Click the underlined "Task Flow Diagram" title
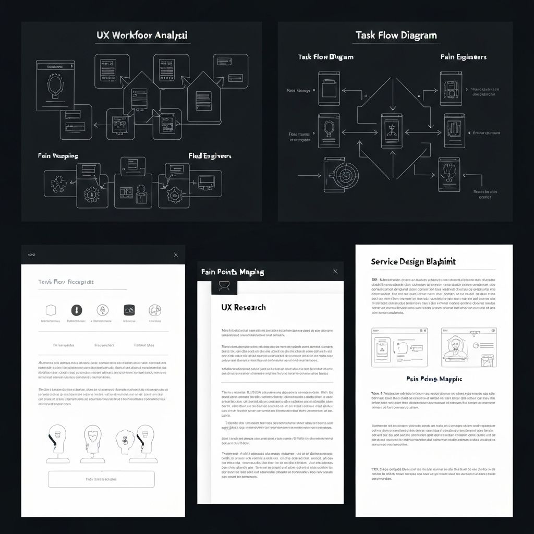point(396,35)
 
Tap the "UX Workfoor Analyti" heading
point(142,35)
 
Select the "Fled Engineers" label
point(210,156)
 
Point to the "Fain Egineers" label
point(463,56)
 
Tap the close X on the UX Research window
point(335,271)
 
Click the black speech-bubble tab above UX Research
point(224,285)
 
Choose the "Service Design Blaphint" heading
point(413,262)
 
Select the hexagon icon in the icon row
point(51,310)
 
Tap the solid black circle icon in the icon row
point(77,310)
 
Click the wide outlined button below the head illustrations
point(101,479)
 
